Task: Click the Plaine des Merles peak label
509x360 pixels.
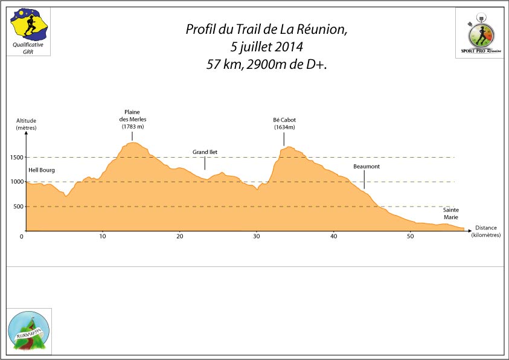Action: click(132, 119)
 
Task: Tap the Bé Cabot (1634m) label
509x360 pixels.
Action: click(284, 123)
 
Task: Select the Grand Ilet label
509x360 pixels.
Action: click(205, 152)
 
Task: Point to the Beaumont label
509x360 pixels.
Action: click(367, 166)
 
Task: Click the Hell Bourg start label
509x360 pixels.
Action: click(42, 170)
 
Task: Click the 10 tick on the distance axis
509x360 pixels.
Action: click(103, 236)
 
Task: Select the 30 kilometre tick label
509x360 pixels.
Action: click(257, 236)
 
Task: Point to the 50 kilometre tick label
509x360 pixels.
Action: click(411, 236)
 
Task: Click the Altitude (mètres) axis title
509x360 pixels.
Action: click(26, 124)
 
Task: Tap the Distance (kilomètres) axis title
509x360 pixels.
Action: click(486, 231)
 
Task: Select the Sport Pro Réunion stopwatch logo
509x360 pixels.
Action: click(480, 34)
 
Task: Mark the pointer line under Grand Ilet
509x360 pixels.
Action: click(205, 163)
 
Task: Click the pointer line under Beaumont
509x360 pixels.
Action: click(364, 179)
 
